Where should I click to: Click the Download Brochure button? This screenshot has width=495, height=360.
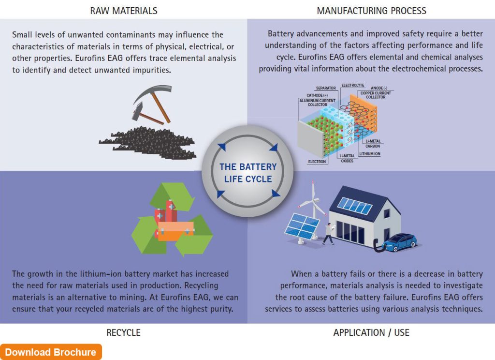click(51, 352)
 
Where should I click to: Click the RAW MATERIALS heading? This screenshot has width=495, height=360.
click(124, 10)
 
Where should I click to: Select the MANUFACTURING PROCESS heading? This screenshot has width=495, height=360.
click(371, 10)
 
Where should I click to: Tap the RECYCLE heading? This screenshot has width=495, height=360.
click(123, 332)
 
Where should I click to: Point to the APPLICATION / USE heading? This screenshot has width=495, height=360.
click(371, 332)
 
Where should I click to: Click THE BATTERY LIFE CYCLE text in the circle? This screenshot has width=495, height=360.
click(248, 173)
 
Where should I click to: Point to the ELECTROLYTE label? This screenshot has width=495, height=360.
click(352, 85)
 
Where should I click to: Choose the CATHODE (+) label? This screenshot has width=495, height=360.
click(317, 95)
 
